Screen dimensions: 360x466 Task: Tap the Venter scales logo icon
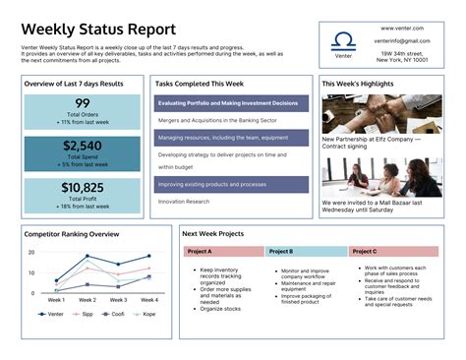click(343, 40)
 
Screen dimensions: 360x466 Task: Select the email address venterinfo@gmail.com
click(402, 41)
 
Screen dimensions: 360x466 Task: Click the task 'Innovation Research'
click(184, 202)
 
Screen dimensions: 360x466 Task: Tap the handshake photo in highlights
click(381, 113)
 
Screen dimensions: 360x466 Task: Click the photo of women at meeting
click(381, 177)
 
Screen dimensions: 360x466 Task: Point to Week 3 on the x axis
click(119, 300)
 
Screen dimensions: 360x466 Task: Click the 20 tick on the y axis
click(31, 253)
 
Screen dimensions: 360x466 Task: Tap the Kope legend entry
click(145, 315)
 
